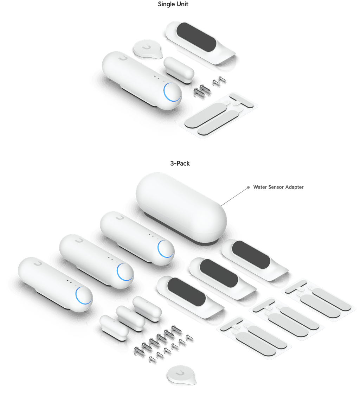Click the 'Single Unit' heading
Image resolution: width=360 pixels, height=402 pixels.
click(173, 4)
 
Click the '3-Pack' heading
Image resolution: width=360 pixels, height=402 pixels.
click(180, 163)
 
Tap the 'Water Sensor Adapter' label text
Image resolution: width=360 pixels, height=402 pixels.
click(278, 187)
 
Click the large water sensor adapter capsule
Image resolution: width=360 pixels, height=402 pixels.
click(181, 208)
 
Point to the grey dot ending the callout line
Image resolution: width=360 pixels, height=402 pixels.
click(248, 187)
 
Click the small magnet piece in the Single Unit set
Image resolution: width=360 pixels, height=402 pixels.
click(179, 70)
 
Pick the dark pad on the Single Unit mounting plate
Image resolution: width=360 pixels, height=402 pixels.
click(196, 37)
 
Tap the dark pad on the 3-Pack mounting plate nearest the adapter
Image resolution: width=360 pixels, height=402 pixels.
click(251, 254)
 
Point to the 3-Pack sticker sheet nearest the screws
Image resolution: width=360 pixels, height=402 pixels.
click(254, 337)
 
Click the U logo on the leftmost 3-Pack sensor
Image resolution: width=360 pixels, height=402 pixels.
click(37, 263)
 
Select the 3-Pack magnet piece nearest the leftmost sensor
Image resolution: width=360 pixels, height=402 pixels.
click(114, 328)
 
